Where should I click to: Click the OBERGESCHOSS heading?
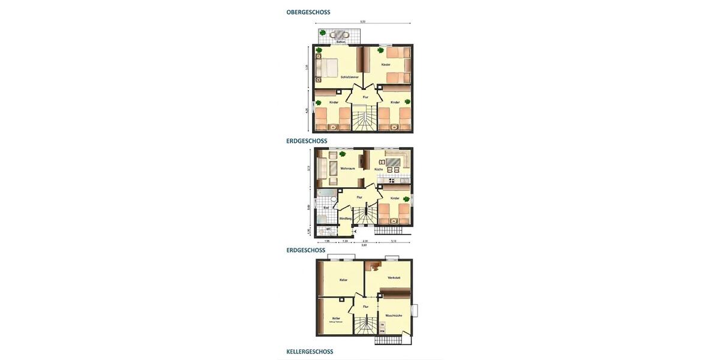pos(308,12)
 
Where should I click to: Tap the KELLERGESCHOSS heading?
pos(310,352)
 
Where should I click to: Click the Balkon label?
pos(341,42)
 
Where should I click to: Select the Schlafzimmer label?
pos(349,77)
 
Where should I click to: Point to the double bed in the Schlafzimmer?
pos(327,68)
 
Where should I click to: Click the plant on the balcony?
pos(323,33)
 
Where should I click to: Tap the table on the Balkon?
pos(340,34)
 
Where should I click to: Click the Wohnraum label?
pos(348,169)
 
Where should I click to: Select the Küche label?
pos(379,169)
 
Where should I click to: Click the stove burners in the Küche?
pos(392,180)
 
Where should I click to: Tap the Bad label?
pos(326,208)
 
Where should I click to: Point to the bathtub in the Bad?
pos(327,193)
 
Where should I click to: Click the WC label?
pos(328,228)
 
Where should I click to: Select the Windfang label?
pos(345,218)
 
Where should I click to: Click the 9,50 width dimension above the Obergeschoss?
pos(362,22)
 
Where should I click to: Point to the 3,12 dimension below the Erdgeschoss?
pos(393,241)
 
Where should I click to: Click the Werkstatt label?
pos(394,278)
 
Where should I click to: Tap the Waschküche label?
pos(394,316)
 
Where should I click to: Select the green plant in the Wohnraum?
pos(342,154)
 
